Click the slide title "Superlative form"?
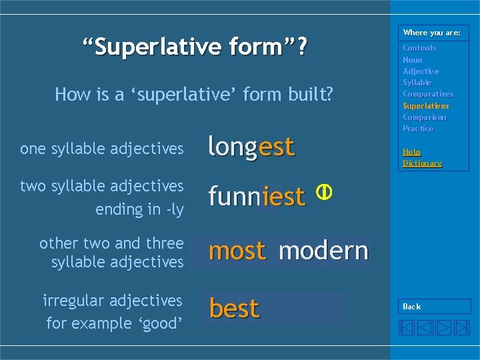195,47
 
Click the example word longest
251,147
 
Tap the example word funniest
257,196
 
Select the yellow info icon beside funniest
323,192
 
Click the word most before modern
237,251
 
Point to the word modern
323,251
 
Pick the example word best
234,309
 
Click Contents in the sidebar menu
419,48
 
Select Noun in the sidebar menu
412,60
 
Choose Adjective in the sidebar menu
421,71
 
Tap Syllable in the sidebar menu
417,83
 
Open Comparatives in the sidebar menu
427,94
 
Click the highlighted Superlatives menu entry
425,106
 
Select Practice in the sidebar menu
418,129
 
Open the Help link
411,152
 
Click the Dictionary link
422,163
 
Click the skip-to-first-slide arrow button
407,327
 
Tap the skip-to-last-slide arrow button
461,327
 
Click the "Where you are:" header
431,33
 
